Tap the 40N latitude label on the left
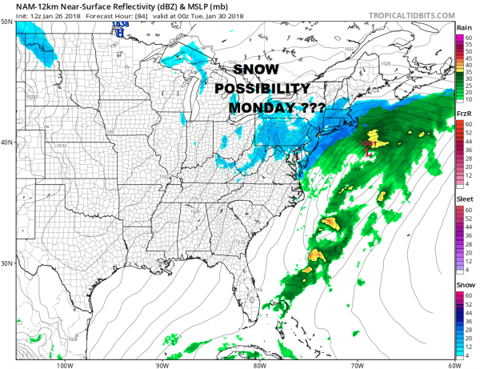(6, 143)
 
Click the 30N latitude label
(6, 263)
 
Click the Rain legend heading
(462, 27)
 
